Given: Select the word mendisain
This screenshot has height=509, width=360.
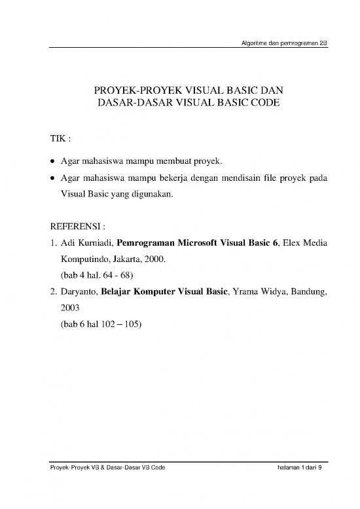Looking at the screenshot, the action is [229, 178].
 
